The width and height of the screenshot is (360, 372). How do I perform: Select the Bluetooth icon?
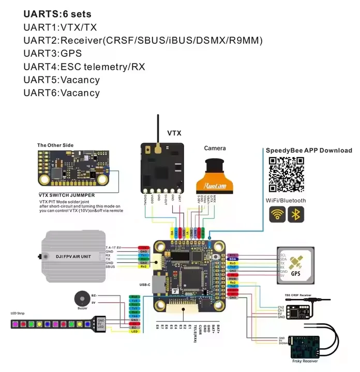tap(296, 214)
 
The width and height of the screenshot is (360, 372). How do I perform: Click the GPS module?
tap(295, 265)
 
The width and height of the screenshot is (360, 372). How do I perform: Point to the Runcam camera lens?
tap(214, 167)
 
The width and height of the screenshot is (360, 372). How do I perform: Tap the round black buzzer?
tap(81, 299)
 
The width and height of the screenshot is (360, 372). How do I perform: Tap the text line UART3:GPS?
tap(53, 53)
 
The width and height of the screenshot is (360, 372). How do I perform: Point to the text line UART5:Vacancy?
tap(62, 80)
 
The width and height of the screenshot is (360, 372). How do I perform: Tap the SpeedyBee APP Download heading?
tap(309, 150)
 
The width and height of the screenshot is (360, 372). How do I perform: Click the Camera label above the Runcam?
tap(215, 148)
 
